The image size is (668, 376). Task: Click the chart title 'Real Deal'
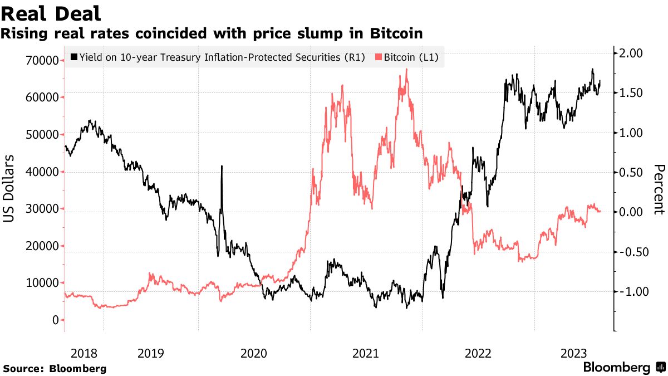[51, 13]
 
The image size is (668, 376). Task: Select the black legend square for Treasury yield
[74, 57]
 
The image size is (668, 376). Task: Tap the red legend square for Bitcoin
[379, 57]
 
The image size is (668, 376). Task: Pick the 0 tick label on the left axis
[55, 320]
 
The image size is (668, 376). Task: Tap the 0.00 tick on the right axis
[631, 212]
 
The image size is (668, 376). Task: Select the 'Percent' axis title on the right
[659, 189]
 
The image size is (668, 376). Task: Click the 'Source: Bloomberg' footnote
[55, 368]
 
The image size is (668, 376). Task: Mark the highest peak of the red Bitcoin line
[407, 69]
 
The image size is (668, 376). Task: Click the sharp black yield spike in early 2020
[222, 166]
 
